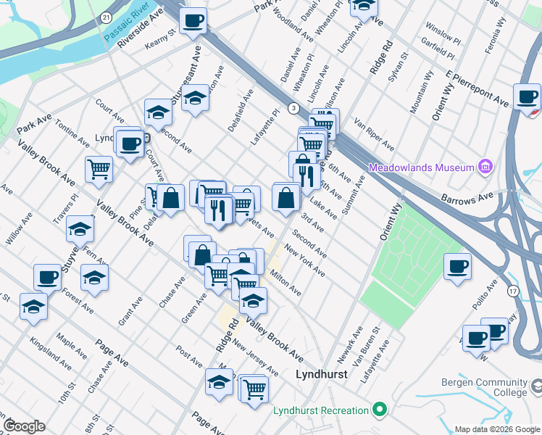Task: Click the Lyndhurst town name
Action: (322, 374)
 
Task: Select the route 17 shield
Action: (513, 291)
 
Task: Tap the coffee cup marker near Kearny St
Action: (193, 21)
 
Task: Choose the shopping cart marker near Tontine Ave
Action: (99, 170)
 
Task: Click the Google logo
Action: (24, 426)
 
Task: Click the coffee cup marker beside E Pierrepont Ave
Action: (527, 97)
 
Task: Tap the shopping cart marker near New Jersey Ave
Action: (255, 389)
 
